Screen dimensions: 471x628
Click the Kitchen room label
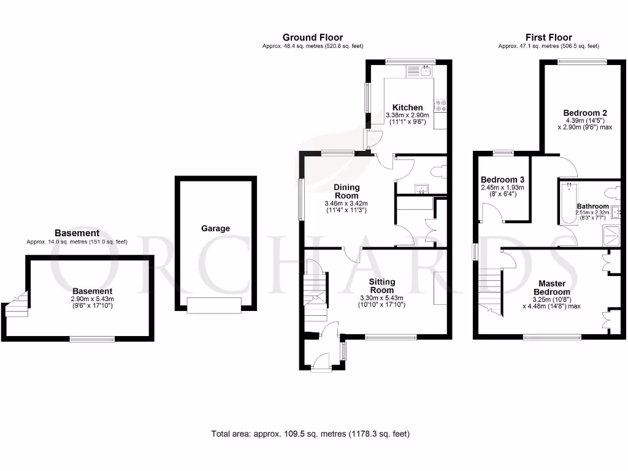coord(408,107)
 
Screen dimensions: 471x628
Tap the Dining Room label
coord(347,191)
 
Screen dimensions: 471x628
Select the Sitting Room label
coord(381,286)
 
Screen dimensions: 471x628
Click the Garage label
coord(215,228)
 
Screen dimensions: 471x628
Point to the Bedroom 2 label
coord(585,113)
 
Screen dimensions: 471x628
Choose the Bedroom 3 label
coord(502,179)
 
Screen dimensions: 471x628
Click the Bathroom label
coord(592,206)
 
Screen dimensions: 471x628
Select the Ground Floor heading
coord(313,37)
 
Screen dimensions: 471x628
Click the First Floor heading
coord(548,37)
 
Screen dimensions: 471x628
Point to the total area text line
coord(310,434)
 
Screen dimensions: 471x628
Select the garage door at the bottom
coord(215,305)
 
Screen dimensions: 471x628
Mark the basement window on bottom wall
coord(92,339)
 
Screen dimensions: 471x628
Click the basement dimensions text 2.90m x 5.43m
coord(92,299)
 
